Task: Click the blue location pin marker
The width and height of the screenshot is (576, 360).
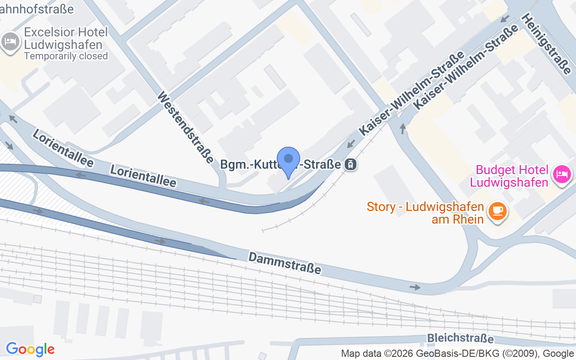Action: click(x=288, y=160)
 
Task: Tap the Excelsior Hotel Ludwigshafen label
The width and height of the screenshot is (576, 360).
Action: click(x=66, y=39)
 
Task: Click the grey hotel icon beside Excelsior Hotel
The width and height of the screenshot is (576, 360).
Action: click(x=10, y=42)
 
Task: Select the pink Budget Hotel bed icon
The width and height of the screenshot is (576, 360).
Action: click(x=562, y=173)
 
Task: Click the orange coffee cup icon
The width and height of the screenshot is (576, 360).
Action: click(x=497, y=211)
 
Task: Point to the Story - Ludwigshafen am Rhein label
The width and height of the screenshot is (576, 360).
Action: click(x=425, y=213)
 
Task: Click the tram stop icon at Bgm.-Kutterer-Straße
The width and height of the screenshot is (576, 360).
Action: click(x=350, y=165)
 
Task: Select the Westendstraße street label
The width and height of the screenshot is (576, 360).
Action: click(x=185, y=127)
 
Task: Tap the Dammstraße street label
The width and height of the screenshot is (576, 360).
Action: click(x=285, y=263)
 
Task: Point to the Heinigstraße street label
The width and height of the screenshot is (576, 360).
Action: click(x=547, y=43)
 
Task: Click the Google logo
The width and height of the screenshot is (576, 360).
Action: click(x=30, y=349)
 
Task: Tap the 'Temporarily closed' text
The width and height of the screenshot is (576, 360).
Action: click(x=66, y=56)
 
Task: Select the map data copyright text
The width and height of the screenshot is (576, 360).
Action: click(x=458, y=354)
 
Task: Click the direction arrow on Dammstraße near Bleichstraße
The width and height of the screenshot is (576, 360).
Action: click(x=415, y=287)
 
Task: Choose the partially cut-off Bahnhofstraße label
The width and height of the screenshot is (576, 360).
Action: click(x=37, y=8)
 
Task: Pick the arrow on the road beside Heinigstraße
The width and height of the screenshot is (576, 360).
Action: click(x=505, y=19)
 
